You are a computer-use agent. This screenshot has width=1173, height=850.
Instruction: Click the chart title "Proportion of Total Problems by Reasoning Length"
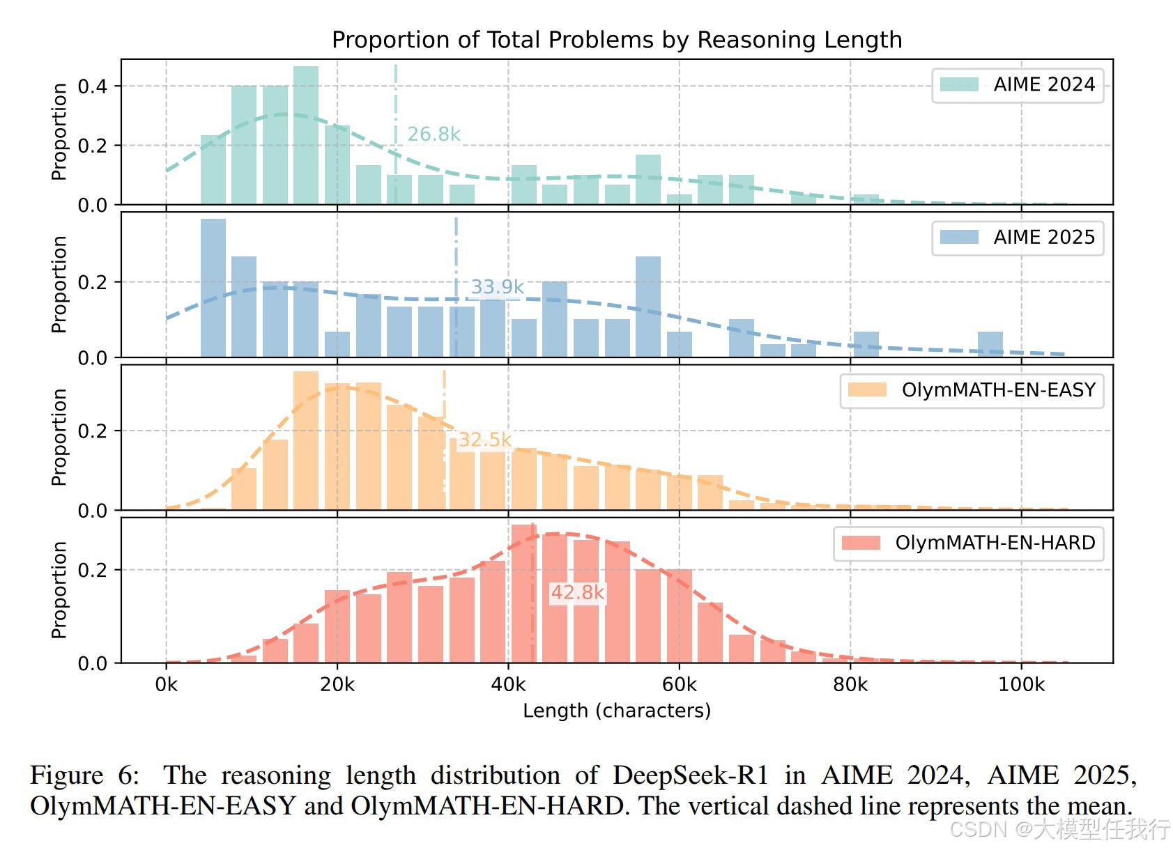coord(617,40)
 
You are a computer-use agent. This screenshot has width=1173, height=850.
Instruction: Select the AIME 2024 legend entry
coord(1018,85)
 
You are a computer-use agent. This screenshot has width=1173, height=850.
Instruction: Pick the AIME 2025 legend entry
coord(1018,238)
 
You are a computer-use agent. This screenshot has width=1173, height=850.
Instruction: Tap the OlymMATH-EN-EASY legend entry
coord(972,390)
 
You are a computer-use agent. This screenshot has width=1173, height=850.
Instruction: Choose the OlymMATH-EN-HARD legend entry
coord(969,543)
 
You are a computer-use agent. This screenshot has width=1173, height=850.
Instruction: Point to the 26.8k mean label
coord(434,134)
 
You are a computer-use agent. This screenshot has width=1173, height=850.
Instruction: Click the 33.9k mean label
coord(497,287)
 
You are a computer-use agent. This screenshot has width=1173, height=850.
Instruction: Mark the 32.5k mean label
coord(484,440)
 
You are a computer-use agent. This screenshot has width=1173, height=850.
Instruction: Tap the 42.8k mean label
coord(577,593)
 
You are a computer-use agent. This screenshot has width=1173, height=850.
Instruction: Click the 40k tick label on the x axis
coord(508,685)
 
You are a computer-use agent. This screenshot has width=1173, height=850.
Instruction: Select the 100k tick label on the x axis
coord(1021,685)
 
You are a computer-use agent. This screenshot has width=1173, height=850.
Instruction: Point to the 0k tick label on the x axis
coord(166,685)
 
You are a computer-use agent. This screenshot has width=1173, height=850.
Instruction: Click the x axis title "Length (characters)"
coord(617,711)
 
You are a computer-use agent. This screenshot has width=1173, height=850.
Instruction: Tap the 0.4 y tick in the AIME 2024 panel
coord(92,86)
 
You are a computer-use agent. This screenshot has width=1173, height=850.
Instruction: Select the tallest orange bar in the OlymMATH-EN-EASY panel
coord(306,440)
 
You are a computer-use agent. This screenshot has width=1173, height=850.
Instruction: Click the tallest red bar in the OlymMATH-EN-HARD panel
coord(523,593)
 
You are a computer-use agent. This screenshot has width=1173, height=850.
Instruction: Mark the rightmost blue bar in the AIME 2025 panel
coord(990,345)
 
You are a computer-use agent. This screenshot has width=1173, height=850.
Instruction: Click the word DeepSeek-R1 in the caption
coord(690,775)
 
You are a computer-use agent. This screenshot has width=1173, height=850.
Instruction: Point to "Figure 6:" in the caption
coord(84,775)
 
